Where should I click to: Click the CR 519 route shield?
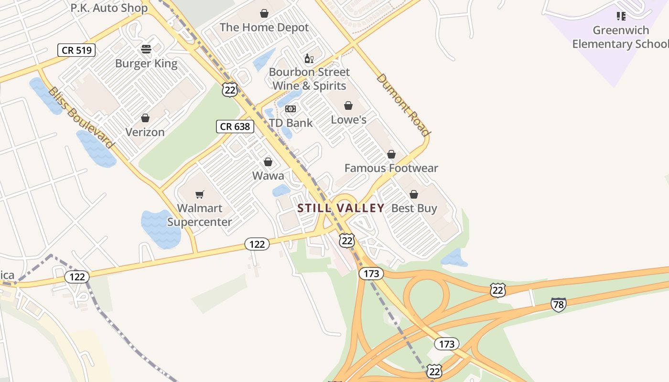pyautogui.click(x=76, y=50)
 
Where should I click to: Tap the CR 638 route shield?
pyautogui.click(x=235, y=127)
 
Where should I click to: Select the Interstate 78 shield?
pyautogui.click(x=558, y=304)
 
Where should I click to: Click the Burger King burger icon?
pyautogui.click(x=146, y=49)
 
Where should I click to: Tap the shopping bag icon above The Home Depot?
pyautogui.click(x=264, y=13)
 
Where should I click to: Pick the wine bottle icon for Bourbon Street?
pyautogui.click(x=309, y=58)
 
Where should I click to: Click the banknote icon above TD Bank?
pyautogui.click(x=291, y=109)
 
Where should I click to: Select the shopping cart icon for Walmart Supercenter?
pyautogui.click(x=200, y=194)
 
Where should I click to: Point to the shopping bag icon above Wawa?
pyautogui.click(x=268, y=162)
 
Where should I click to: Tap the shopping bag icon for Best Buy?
pyautogui.click(x=414, y=194)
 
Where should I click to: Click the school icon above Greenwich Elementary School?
pyautogui.click(x=621, y=16)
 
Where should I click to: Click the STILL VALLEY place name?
pyautogui.click(x=341, y=208)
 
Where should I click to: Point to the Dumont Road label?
pyautogui.click(x=403, y=105)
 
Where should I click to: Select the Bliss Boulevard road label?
pyautogui.click(x=81, y=117)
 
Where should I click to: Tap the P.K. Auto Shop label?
pyautogui.click(x=109, y=8)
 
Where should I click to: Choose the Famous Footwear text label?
pyautogui.click(x=391, y=168)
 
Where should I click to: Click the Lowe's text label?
pyautogui.click(x=349, y=119)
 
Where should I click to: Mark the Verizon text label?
pyautogui.click(x=145, y=132)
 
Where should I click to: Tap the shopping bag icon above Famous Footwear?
pyautogui.click(x=391, y=154)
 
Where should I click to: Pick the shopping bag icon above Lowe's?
pyautogui.click(x=348, y=106)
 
